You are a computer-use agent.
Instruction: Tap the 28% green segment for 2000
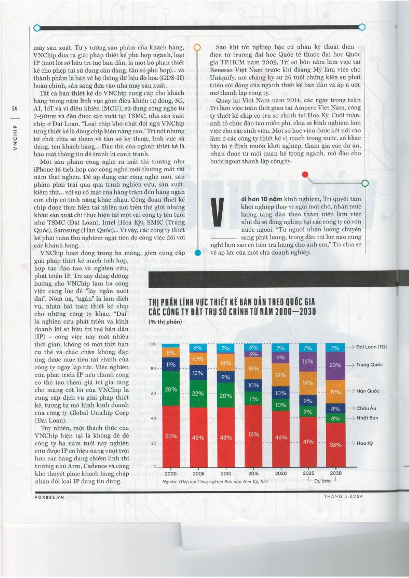click(x=171, y=390)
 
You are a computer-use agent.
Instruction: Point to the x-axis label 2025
click(x=308, y=473)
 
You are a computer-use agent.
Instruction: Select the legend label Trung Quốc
click(x=369, y=365)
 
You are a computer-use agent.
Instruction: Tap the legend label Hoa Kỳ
click(x=365, y=443)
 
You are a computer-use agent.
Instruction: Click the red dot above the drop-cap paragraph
click(x=305, y=174)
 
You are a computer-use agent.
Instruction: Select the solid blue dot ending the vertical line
click(x=198, y=253)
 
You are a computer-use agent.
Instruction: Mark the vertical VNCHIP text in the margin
click(x=15, y=137)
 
